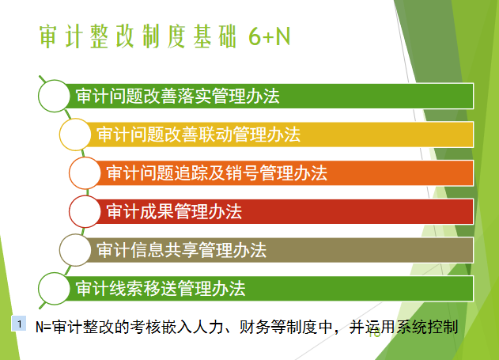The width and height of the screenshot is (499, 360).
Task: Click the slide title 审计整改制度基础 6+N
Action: tap(164, 36)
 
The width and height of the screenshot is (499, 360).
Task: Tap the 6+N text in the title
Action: tap(269, 36)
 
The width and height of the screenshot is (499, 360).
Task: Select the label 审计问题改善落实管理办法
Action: tap(178, 96)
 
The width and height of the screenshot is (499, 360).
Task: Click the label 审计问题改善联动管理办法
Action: tap(198, 135)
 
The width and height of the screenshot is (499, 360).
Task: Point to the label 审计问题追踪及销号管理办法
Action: tap(217, 173)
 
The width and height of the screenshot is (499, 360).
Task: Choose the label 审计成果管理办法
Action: tap(174, 212)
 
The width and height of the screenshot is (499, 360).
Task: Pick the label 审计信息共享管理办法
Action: tap(181, 250)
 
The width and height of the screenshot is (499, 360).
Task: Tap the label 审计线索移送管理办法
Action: tap(161, 289)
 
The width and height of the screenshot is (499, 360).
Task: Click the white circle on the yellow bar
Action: tap(75, 135)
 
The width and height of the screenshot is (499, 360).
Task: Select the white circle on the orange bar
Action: tap(85, 173)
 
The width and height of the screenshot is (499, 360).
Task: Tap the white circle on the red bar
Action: tap(85, 212)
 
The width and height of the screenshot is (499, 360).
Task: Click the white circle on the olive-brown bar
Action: tap(75, 250)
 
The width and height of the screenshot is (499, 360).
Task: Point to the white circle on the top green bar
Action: tap(54, 96)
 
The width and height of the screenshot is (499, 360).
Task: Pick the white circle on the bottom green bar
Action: tap(54, 289)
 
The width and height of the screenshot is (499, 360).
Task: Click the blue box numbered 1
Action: tap(19, 324)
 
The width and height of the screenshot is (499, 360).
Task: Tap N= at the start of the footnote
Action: tap(43, 328)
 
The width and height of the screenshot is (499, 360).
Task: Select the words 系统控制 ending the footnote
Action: tap(427, 327)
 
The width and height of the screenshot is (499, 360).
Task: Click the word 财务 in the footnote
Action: tap(255, 327)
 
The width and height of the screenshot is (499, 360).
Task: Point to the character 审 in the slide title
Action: tap(48, 36)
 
